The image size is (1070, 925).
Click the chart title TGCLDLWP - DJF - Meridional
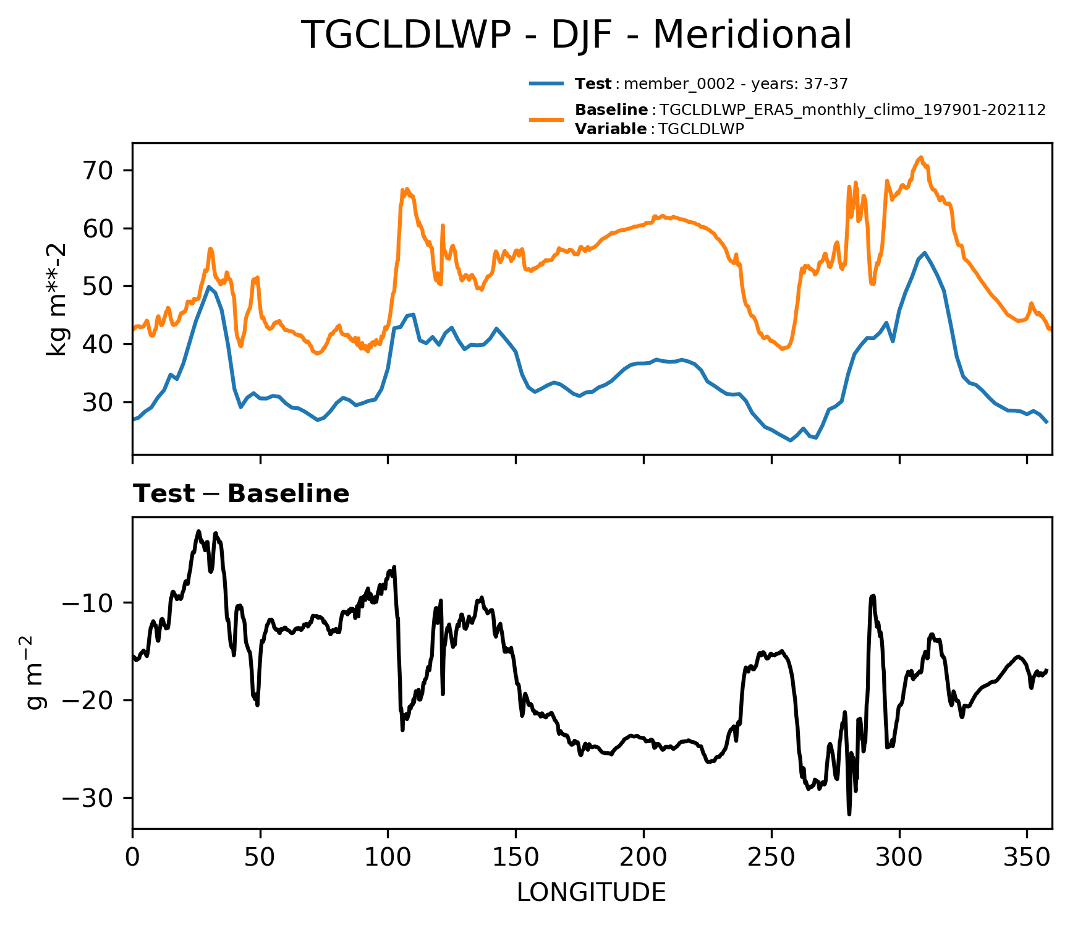[576, 35]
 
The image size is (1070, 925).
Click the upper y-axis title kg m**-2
[57, 299]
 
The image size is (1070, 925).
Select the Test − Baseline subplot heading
[241, 494]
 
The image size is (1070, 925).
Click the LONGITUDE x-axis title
[592, 892]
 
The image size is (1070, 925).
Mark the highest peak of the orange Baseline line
[920, 157]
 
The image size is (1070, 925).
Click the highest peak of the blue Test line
[925, 252]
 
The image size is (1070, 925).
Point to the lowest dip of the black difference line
[849, 814]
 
